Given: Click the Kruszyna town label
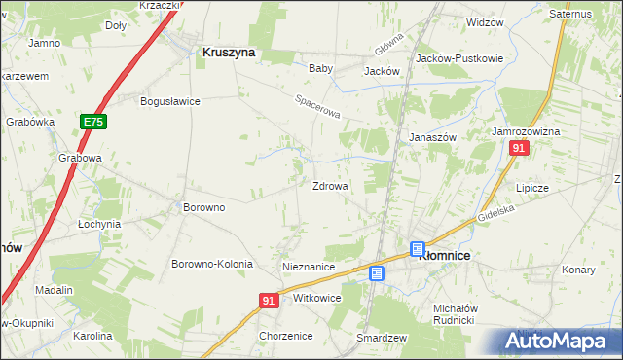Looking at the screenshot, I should pyautogui.click(x=228, y=54).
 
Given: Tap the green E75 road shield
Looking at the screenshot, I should pyautogui.click(x=92, y=122).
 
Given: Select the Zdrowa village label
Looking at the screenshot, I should pyautogui.click(x=330, y=186).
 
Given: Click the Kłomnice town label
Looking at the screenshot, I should pyautogui.click(x=444, y=255).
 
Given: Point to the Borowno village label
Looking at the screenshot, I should pyautogui.click(x=204, y=207).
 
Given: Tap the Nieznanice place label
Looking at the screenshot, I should pyautogui.click(x=308, y=266).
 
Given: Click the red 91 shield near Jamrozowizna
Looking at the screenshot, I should pyautogui.click(x=519, y=148).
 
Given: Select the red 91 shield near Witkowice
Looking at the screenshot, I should pyautogui.click(x=271, y=302).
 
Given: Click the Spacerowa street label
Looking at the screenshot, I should pyautogui.click(x=318, y=106).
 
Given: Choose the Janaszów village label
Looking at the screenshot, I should pyautogui.click(x=432, y=137).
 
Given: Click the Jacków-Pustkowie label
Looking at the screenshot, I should pyautogui.click(x=459, y=58).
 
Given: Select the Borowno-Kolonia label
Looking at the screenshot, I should pyautogui.click(x=212, y=264).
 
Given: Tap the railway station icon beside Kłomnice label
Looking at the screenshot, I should pyautogui.click(x=418, y=249).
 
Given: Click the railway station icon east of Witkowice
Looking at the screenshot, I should pyautogui.click(x=377, y=274).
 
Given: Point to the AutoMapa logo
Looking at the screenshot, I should pyautogui.click(x=562, y=342).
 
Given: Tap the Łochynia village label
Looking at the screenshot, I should pyautogui.click(x=99, y=223).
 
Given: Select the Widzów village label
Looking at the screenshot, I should pyautogui.click(x=485, y=21).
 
